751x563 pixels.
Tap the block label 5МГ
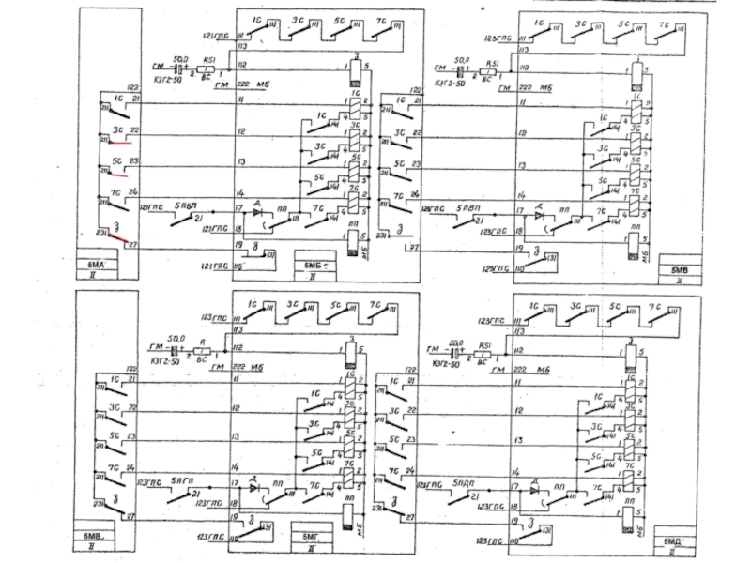pos(312,536)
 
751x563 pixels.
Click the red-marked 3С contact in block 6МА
pos(118,143)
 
